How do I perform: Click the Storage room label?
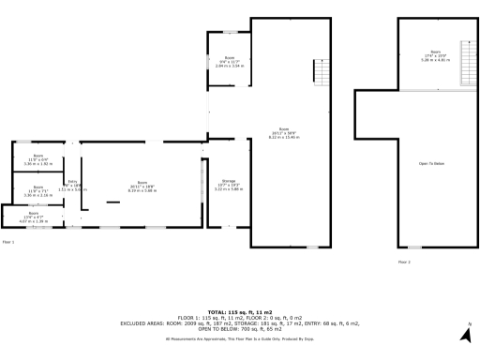tap(229, 186)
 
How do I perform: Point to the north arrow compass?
tap(466, 332)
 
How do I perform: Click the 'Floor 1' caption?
tap(8, 241)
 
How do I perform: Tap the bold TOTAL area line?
tap(239, 311)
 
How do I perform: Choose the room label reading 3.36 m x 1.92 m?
tap(38, 160)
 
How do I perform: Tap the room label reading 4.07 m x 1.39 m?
tap(34, 218)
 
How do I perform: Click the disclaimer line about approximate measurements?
tap(239, 338)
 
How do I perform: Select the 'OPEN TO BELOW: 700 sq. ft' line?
tap(239, 330)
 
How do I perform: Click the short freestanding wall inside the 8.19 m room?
tap(112, 202)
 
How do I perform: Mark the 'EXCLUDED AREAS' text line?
tap(239, 323)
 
